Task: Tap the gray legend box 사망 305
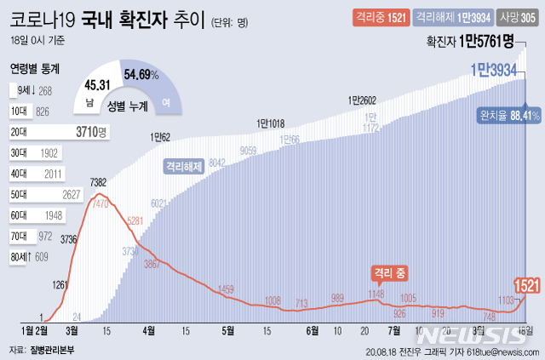[x=518, y=16]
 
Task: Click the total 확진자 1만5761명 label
[x=474, y=42]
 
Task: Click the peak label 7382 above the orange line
[x=98, y=183]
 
